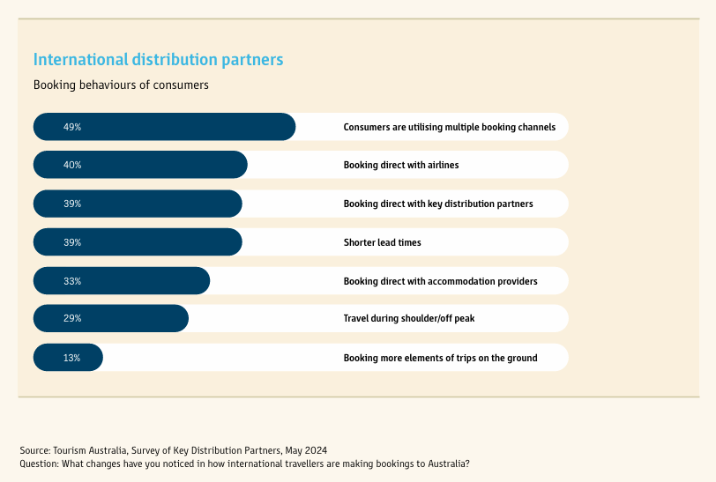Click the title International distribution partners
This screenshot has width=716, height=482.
click(158, 60)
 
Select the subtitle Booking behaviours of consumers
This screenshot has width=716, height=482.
click(121, 85)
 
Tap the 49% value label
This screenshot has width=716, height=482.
click(72, 127)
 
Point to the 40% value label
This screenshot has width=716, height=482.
click(72, 165)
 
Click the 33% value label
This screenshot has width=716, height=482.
click(72, 281)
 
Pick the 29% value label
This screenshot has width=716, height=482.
click(72, 318)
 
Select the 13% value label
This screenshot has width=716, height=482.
click(72, 358)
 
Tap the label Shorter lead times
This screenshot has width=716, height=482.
click(382, 242)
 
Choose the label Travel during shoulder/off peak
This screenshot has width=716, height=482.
click(408, 318)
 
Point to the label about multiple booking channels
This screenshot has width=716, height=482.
click(449, 127)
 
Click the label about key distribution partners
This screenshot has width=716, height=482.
click(438, 204)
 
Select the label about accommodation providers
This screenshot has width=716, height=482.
click(440, 281)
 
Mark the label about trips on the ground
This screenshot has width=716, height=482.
click(440, 358)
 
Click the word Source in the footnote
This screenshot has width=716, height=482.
click(34, 450)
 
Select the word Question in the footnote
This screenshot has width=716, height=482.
click(38, 463)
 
